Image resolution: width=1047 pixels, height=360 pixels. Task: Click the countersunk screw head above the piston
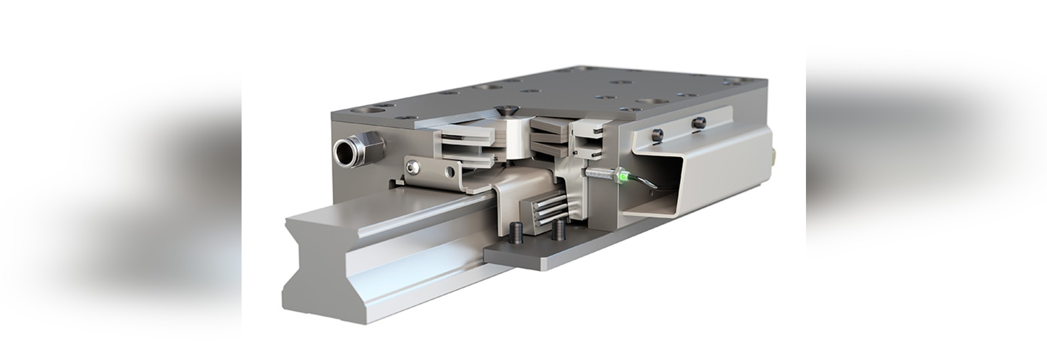[508, 111]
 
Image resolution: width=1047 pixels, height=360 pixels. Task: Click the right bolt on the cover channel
[697, 123]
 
